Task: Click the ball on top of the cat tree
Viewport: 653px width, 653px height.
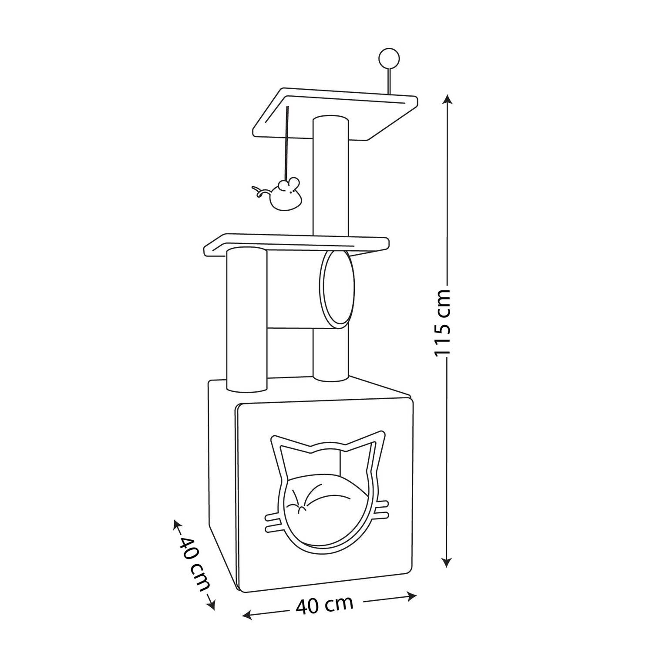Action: point(386,57)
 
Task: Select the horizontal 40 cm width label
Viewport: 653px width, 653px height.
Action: point(324,605)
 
